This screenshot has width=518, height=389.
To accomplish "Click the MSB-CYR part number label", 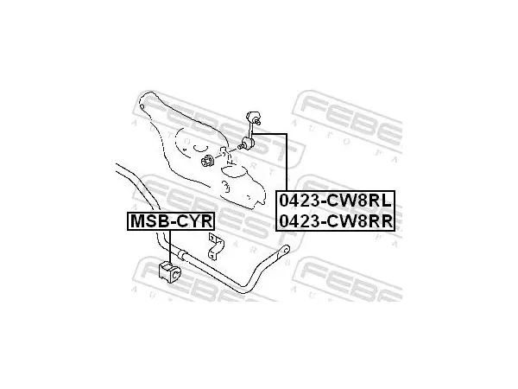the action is point(171,221).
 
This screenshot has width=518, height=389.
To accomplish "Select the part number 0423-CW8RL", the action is point(335,201).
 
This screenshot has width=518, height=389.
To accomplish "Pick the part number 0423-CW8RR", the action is point(336,221).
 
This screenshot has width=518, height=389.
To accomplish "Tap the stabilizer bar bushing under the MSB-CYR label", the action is point(170,271).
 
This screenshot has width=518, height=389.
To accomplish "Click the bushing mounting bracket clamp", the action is point(215,246).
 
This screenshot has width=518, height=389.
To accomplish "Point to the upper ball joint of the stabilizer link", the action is point(253,118).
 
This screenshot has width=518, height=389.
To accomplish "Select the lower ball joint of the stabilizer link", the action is point(248,143).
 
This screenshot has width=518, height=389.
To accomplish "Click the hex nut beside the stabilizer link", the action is point(207,161).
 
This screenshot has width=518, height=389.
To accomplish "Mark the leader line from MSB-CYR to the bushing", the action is point(170,246).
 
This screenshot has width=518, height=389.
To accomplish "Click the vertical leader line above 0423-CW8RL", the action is point(287,163).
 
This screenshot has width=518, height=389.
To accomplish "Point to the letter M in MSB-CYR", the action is point(137,221).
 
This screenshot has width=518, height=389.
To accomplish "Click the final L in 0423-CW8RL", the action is point(386,201).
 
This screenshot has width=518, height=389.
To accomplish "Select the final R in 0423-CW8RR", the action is point(387,221).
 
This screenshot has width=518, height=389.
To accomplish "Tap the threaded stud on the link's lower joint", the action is point(240,146).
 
